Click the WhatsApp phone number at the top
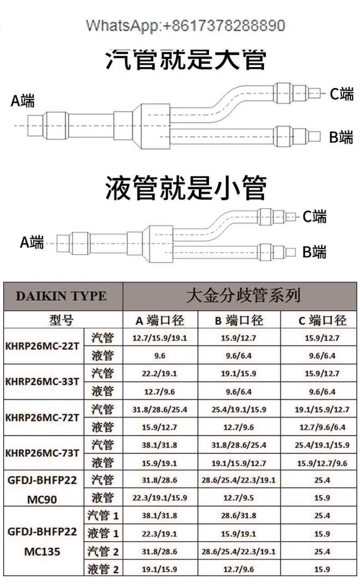185,26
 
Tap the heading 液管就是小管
185,187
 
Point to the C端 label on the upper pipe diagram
341,94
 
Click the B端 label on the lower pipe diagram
314,251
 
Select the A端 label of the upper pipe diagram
23,100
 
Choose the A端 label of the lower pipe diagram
31,242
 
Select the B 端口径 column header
239,320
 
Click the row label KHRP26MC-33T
43,381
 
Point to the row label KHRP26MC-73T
43,453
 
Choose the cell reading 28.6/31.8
239,516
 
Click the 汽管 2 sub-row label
103,552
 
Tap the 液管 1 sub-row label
103,533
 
